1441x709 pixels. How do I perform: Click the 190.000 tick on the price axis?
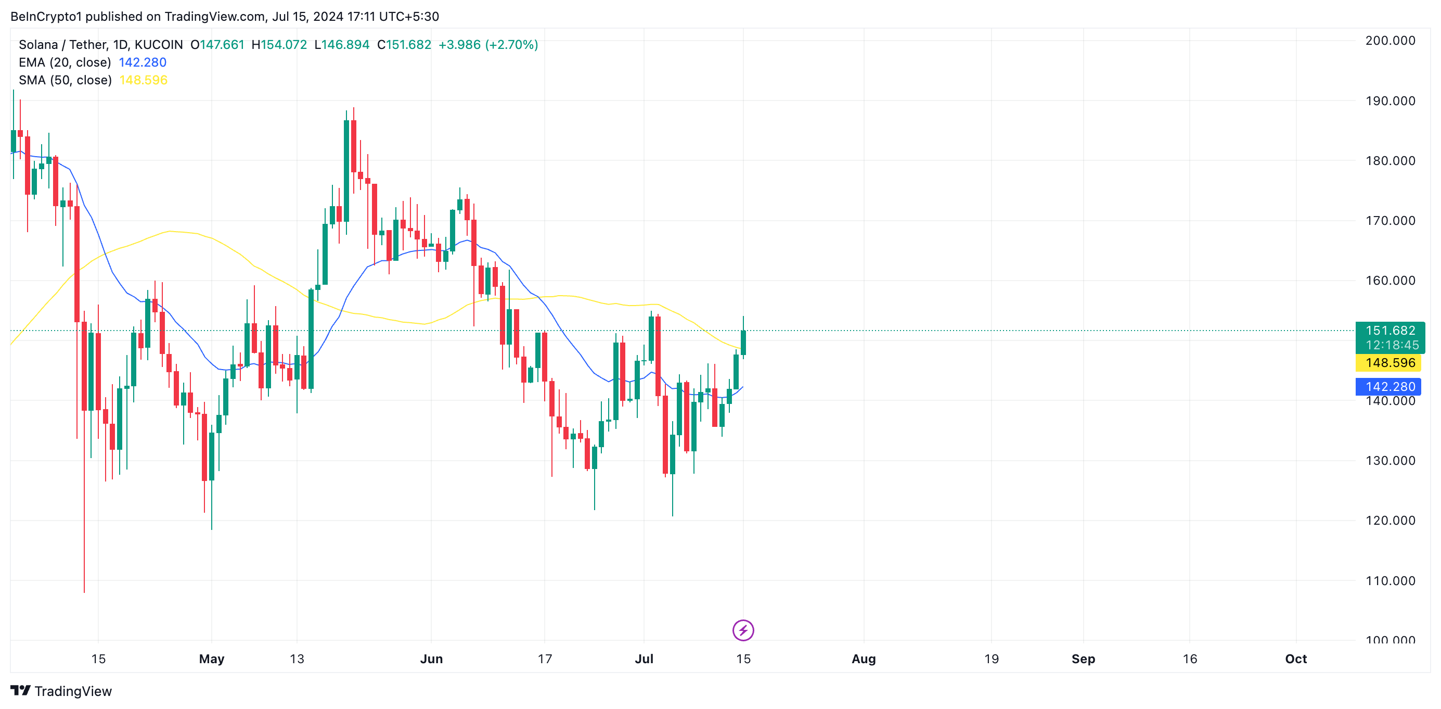[x=1389, y=100]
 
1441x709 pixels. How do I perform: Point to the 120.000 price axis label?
[x=1389, y=521]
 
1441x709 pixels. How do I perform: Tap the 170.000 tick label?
[x=1389, y=221]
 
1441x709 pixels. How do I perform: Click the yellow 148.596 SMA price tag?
[x=1389, y=363]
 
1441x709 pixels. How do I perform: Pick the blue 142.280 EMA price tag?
[x=1389, y=387]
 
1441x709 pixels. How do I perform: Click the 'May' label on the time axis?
[x=211, y=659]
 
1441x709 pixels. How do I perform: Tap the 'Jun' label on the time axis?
[x=431, y=659]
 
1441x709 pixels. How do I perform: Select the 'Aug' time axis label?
[x=863, y=659]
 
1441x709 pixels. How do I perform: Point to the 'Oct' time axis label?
[x=1295, y=659]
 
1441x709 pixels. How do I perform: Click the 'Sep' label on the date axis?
[x=1083, y=659]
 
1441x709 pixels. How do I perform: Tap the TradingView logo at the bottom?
[x=61, y=691]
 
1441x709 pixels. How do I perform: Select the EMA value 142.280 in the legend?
[x=143, y=62]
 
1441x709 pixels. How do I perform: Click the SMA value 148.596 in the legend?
[x=143, y=80]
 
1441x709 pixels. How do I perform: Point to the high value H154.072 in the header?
[x=279, y=44]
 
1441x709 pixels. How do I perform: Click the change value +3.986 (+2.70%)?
[x=488, y=44]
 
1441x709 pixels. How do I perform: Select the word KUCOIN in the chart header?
[x=159, y=44]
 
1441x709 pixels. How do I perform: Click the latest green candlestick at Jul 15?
[x=743, y=342]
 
